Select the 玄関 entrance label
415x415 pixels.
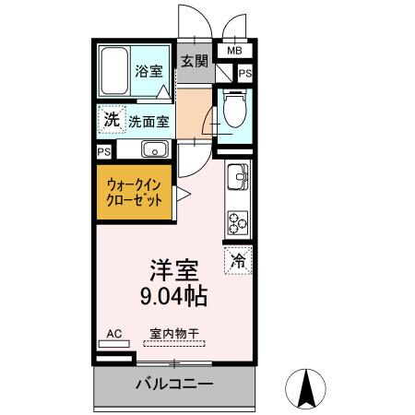194,63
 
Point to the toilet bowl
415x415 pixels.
233,113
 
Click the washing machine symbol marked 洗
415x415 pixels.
111,119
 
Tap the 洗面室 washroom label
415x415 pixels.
147,120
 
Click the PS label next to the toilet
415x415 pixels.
244,74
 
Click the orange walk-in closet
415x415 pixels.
134,191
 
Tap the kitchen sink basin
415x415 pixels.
236,175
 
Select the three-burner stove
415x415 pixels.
238,220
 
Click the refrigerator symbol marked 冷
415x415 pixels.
237,261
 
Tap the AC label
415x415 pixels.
113,333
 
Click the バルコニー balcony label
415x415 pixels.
175,384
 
